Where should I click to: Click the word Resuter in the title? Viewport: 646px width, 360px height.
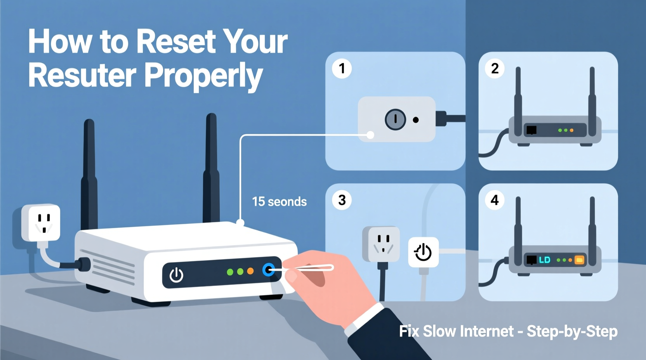click(x=82, y=75)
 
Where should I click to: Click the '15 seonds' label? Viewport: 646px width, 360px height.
click(x=279, y=202)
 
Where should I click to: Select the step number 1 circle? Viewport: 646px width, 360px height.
click(x=342, y=69)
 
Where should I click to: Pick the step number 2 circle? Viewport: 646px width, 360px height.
click(x=495, y=69)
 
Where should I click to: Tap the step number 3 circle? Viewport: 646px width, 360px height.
click(x=342, y=200)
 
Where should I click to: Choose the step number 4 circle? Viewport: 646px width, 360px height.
click(x=495, y=200)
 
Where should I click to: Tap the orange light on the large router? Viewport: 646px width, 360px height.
click(x=250, y=271)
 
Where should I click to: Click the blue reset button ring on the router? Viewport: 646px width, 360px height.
click(x=268, y=270)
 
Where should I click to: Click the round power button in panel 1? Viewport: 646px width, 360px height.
click(x=395, y=119)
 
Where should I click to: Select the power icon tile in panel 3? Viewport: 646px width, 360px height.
click(x=423, y=252)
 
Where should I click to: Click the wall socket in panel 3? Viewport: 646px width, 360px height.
click(x=381, y=244)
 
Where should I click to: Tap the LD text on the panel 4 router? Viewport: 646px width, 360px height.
click(x=545, y=260)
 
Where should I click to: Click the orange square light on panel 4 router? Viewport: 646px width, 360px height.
click(x=579, y=260)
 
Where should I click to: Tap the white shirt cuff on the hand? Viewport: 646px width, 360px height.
click(x=363, y=318)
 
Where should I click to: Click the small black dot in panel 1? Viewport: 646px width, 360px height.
click(x=416, y=120)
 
